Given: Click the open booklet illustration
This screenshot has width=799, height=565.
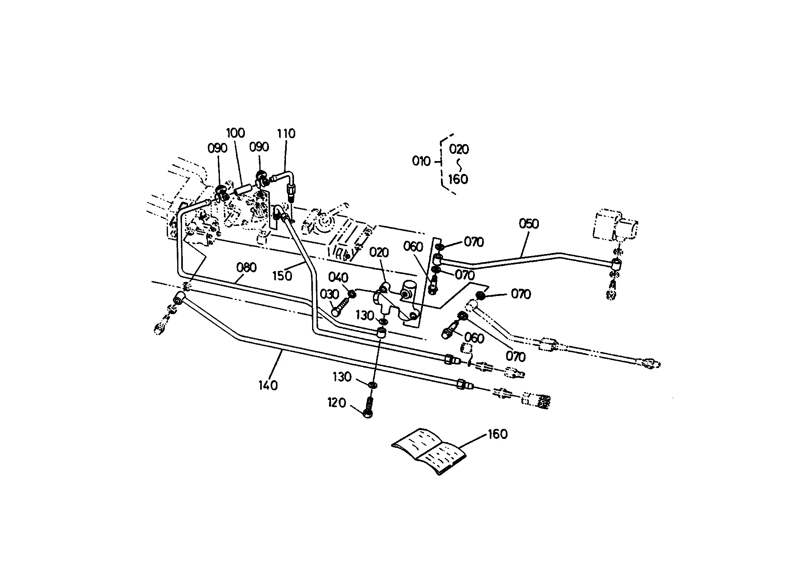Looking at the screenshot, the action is [x=429, y=451].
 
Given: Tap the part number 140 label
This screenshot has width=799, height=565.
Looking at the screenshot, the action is [x=268, y=386].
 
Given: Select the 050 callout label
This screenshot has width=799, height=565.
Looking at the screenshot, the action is [x=529, y=224].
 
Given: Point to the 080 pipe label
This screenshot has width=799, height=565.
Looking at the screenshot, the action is [x=246, y=267].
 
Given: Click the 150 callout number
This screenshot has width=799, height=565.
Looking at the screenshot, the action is [x=282, y=276].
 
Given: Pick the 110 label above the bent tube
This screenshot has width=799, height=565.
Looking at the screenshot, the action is [x=286, y=133].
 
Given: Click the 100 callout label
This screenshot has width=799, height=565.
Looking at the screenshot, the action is [x=236, y=133].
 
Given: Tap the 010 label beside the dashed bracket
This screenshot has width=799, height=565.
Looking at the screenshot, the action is [x=421, y=161].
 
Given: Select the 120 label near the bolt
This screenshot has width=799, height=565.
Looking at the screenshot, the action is [x=336, y=403].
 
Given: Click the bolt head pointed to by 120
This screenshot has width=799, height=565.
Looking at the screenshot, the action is [x=367, y=414].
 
